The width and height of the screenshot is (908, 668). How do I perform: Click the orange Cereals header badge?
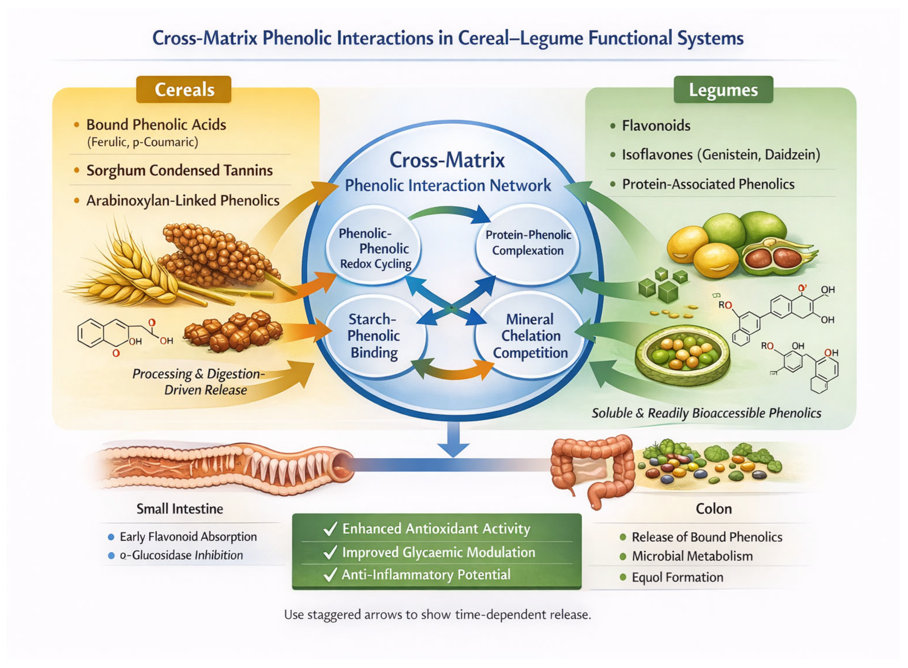pyautogui.click(x=184, y=89)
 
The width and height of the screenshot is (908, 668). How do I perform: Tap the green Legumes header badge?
pyautogui.click(x=723, y=89)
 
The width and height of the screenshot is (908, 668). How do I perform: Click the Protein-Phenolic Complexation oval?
pyautogui.click(x=527, y=243)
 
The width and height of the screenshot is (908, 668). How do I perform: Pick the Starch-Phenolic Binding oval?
pyautogui.click(x=374, y=336)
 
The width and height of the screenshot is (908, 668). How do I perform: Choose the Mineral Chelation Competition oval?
pyautogui.click(x=529, y=336)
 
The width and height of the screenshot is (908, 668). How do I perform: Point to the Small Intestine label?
pyautogui.click(x=179, y=509)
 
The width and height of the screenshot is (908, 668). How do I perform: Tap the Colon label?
pyautogui.click(x=713, y=509)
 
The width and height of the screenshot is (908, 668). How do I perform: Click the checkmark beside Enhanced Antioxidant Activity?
pyautogui.click(x=330, y=529)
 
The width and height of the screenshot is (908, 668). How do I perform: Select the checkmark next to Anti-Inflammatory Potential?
pyautogui.click(x=330, y=575)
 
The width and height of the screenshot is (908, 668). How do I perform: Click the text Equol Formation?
pyautogui.click(x=678, y=577)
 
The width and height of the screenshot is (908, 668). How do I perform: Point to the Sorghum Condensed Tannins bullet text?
pyautogui.click(x=179, y=170)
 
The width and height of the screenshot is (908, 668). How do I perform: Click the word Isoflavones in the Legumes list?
pyautogui.click(x=657, y=155)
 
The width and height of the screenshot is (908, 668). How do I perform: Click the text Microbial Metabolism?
pyautogui.click(x=692, y=556)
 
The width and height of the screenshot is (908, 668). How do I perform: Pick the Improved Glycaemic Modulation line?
pyautogui.click(x=439, y=552)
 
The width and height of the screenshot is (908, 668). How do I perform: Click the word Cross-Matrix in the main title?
pyautogui.click(x=205, y=38)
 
